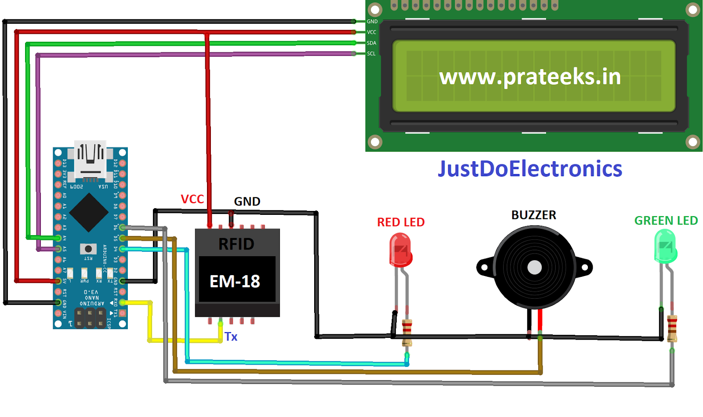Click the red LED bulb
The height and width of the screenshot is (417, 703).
coord(400,250)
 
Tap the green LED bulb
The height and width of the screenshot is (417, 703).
coord(665,247)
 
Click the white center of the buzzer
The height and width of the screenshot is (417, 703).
coord(534,267)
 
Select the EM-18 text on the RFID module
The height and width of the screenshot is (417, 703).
coord(235,281)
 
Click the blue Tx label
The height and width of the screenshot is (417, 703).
coord(231,337)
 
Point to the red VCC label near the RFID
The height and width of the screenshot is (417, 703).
coord(192,199)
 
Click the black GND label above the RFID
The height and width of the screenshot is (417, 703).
coord(247,201)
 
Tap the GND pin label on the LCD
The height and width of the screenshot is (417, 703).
coord(372,22)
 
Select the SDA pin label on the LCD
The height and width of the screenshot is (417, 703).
coord(371,43)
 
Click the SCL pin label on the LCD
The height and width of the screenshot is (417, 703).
coord(371,54)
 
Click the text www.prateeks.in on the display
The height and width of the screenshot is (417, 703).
coord(530,77)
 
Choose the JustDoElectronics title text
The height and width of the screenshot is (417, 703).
coord(530,169)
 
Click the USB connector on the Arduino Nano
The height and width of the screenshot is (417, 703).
coord(91,159)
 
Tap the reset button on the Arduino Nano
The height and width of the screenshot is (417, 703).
coord(88,249)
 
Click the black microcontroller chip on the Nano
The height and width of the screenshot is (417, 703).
coord(89,213)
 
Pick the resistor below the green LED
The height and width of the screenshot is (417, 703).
coord(672,328)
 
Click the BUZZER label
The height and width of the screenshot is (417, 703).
coord(533,215)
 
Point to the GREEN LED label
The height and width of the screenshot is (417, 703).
coord(666,221)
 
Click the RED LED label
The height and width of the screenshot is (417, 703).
coord(401,222)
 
